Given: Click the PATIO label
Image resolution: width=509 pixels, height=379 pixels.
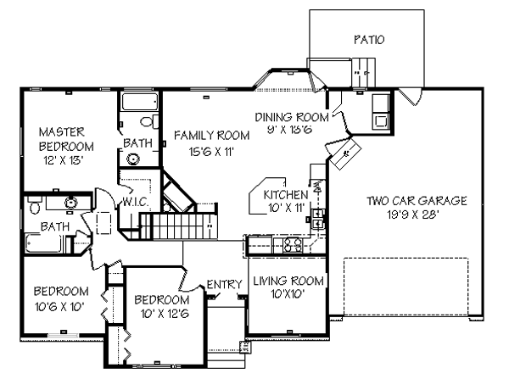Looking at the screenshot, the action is click(369, 40).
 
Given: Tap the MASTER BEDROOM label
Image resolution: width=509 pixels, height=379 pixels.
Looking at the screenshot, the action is click(66, 139).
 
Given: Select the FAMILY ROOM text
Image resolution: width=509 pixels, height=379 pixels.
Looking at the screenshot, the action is click(211, 136).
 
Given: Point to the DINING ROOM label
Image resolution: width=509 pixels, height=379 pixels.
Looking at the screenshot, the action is click(292, 117).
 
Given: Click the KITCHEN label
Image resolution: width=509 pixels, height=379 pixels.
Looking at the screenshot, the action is click(286, 195).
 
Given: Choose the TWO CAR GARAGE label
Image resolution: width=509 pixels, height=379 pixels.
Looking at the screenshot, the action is click(417, 201).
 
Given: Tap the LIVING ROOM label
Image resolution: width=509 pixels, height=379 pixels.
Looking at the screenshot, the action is click(288, 281).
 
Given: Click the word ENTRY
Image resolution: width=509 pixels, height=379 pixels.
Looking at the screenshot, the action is click(224, 284).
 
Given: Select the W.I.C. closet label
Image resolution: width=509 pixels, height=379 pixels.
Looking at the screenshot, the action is click(136, 202).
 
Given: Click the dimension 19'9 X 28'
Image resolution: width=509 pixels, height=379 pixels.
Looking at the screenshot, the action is click(413, 215).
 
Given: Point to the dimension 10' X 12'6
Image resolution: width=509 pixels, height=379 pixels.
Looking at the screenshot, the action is click(165, 314).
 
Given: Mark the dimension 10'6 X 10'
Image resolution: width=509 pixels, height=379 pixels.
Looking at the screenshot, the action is click(59, 307).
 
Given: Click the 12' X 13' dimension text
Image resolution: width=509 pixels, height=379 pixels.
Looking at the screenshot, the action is click(64, 160).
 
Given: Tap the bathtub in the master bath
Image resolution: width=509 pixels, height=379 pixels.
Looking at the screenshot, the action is click(140, 102).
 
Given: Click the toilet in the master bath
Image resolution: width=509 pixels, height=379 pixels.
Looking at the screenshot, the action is click(149, 122).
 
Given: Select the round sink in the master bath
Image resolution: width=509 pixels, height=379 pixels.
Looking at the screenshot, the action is click(133, 159).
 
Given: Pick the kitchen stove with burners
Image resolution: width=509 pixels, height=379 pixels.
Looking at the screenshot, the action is click(293, 245).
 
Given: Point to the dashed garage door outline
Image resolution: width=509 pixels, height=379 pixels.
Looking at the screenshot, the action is click(406, 287).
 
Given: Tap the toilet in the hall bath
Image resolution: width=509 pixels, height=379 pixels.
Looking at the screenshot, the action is click(35, 206).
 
